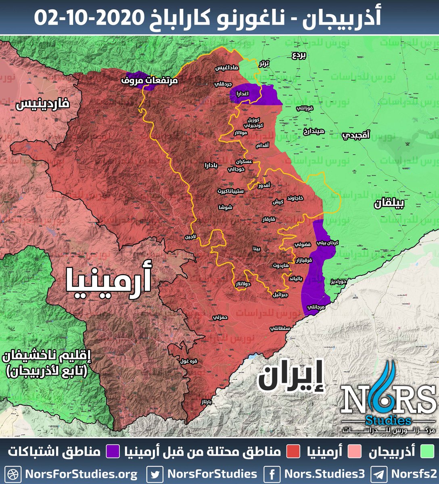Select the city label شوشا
pos(225,207)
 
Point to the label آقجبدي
pos(356,136)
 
